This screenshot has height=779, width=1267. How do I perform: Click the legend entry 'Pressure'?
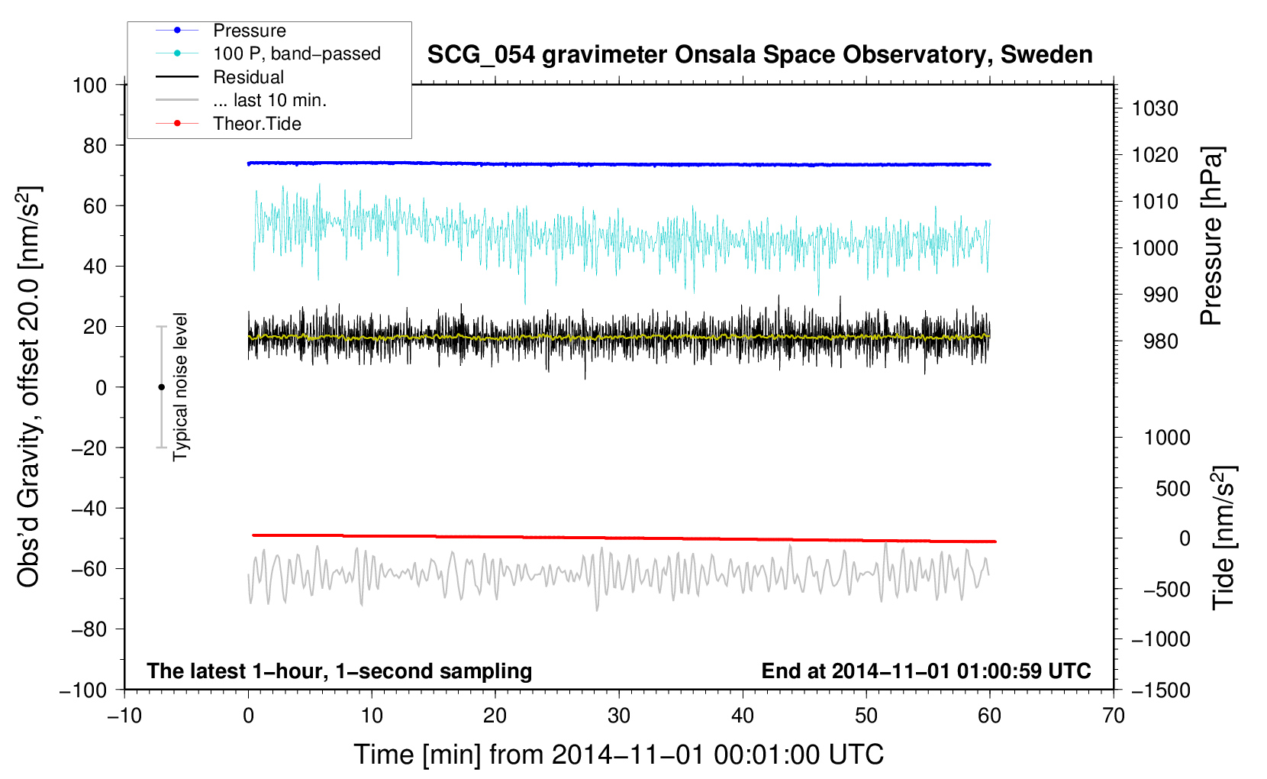point(249,31)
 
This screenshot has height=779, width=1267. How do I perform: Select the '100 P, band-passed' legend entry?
point(296,53)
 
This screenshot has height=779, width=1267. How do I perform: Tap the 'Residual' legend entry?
point(248,77)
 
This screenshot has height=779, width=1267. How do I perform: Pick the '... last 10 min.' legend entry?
point(269,100)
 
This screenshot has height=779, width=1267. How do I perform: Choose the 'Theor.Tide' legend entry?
point(256,124)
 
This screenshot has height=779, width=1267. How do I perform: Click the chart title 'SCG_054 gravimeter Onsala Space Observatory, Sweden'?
point(759,55)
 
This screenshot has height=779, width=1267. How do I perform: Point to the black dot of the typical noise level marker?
point(161,387)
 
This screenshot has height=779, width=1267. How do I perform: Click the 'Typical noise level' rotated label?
point(180,386)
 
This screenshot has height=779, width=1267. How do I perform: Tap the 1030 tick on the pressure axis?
point(1155,108)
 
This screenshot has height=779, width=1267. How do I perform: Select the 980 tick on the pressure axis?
point(1160,341)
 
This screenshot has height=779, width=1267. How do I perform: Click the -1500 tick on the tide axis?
point(1160,690)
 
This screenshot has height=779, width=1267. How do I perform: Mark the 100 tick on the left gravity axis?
point(89,85)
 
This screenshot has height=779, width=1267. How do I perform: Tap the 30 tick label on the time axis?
point(619,716)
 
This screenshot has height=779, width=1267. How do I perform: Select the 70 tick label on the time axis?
point(1114,716)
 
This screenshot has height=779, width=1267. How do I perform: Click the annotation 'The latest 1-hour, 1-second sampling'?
point(340,671)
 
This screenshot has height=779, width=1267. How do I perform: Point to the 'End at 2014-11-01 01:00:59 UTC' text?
point(926,671)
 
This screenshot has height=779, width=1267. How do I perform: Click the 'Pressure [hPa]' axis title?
point(1211,236)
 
